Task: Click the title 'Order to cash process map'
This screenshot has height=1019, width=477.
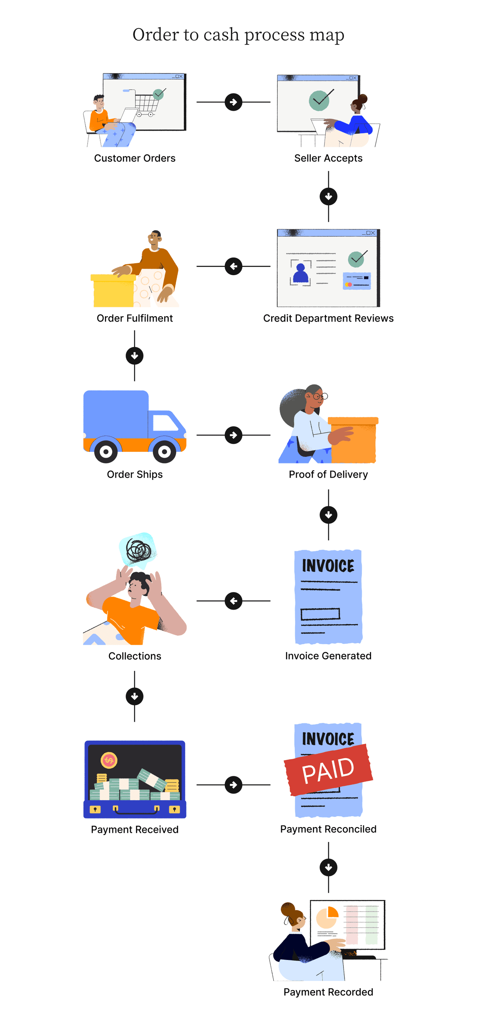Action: (238, 35)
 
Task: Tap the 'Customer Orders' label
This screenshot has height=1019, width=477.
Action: (134, 158)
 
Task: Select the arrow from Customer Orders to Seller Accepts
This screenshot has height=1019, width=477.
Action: (233, 102)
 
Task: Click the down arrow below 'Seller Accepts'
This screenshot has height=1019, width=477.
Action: (328, 197)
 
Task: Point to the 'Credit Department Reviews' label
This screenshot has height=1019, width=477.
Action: (328, 319)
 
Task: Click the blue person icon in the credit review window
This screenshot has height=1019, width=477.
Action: (300, 273)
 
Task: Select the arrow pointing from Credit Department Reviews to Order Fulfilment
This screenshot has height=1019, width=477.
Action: (233, 266)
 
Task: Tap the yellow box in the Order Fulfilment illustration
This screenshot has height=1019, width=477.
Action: (113, 291)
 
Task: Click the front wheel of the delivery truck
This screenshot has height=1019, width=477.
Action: (164, 451)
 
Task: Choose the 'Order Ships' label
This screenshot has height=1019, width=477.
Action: (134, 474)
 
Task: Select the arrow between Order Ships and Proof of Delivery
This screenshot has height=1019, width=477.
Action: (233, 435)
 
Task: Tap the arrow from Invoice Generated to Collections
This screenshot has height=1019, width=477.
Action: (233, 601)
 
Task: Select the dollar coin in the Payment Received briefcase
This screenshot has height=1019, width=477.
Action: (109, 760)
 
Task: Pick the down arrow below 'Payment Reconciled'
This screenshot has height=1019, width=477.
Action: (328, 868)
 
